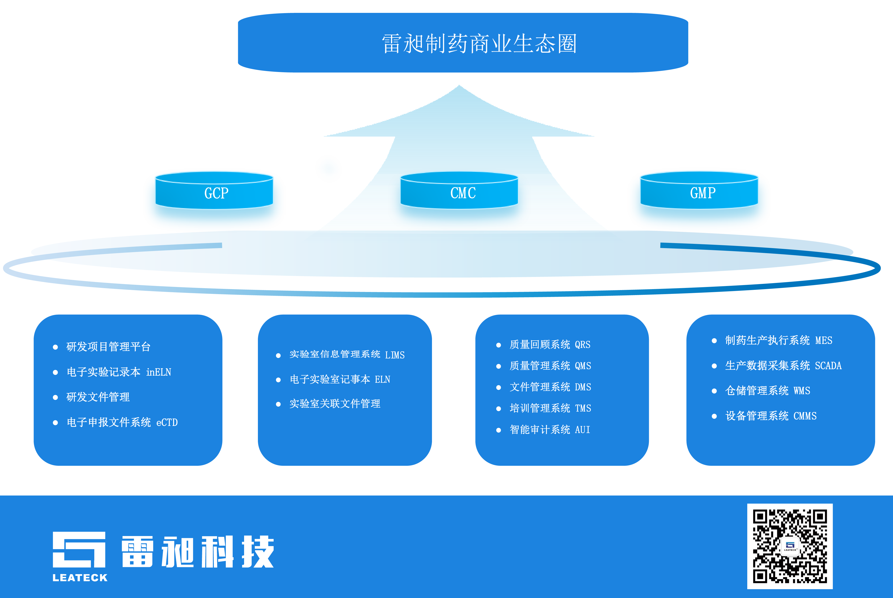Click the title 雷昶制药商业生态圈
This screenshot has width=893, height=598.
tap(479, 43)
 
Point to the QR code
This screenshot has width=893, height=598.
tap(790, 546)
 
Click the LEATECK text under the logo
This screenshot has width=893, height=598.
tap(80, 578)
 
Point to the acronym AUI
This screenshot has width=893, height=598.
tap(582, 430)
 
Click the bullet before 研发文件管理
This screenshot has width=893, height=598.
tap(55, 397)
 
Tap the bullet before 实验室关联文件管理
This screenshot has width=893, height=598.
tap(278, 404)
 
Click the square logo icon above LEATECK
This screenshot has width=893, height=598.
tap(79, 549)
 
